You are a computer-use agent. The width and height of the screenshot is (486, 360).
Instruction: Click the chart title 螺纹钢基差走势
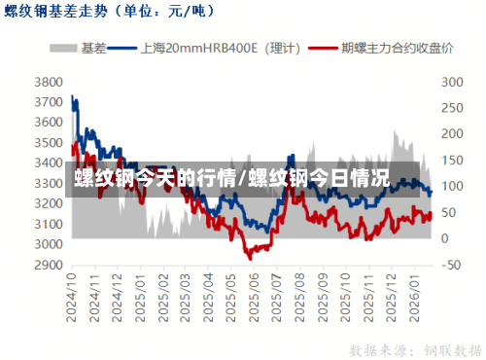click(x=57, y=13)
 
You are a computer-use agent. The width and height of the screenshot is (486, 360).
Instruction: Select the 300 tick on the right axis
click(x=452, y=82)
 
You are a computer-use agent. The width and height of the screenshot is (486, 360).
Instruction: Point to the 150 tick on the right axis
click(x=452, y=160)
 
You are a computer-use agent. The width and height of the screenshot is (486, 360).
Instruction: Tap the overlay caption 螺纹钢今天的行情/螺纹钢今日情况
click(x=231, y=179)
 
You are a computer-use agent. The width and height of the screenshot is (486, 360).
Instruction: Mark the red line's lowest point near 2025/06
click(x=249, y=258)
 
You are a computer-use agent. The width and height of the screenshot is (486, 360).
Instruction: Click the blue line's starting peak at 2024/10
click(x=73, y=96)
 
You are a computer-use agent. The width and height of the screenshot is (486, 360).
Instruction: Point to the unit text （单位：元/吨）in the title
click(x=161, y=13)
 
